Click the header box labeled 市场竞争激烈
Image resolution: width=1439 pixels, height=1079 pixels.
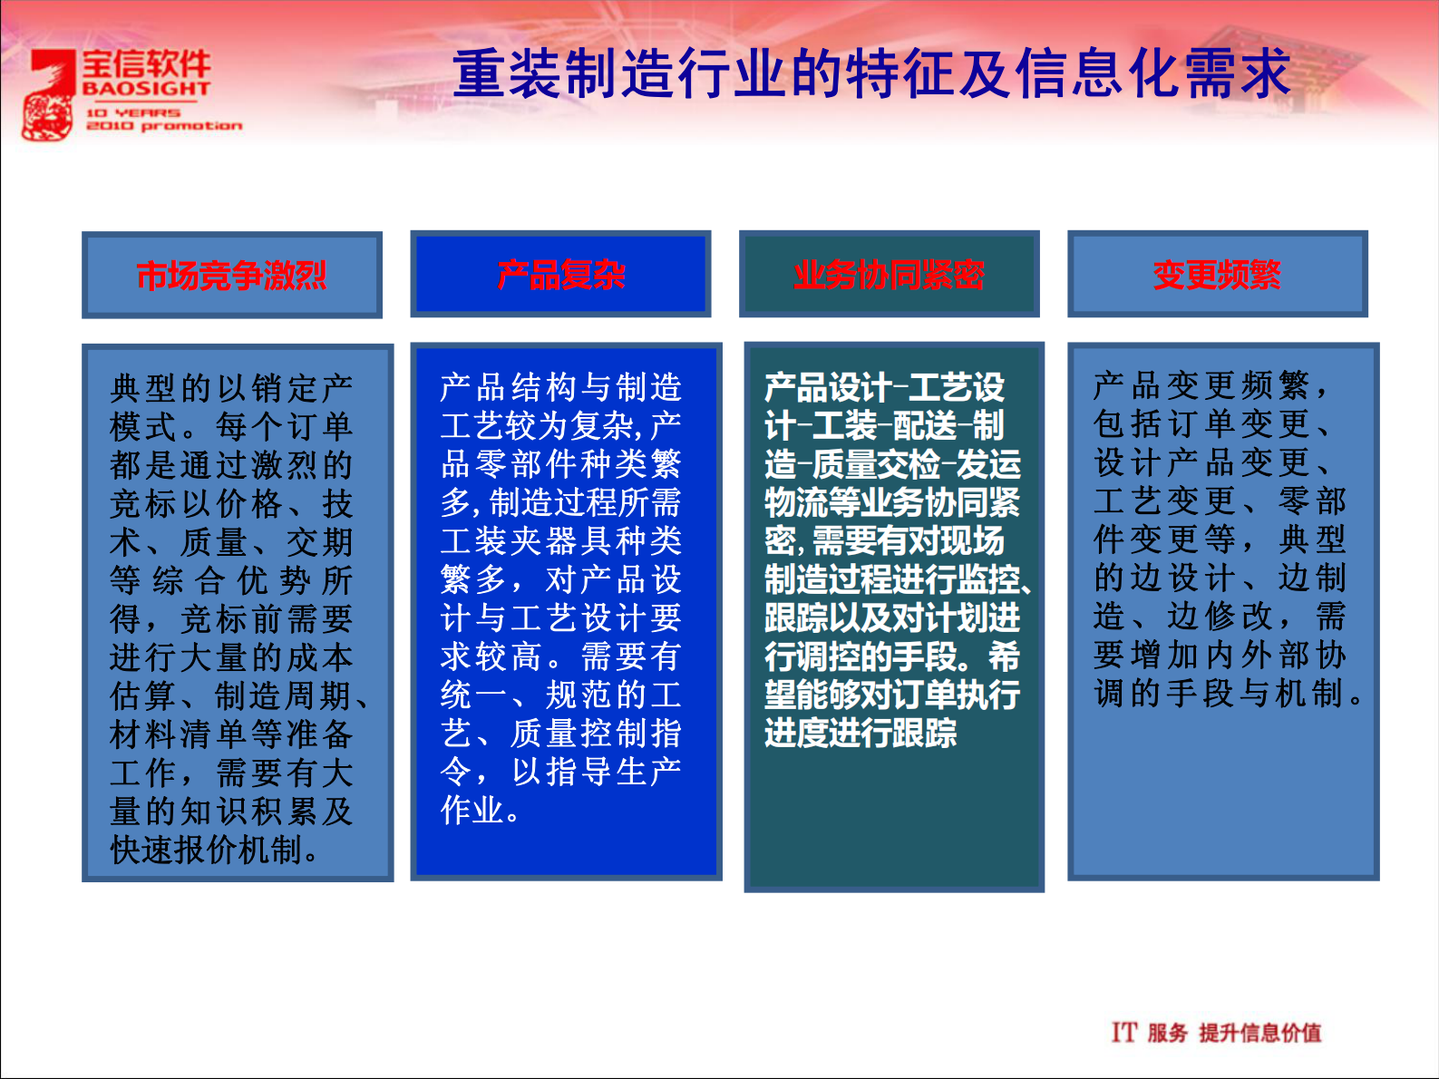(231, 275)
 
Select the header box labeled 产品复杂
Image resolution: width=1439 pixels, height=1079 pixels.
(560, 275)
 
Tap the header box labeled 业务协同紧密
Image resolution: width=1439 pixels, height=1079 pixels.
(889, 275)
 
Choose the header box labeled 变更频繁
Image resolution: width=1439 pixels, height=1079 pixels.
(1217, 275)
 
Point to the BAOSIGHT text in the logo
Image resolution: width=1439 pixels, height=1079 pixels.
(146, 89)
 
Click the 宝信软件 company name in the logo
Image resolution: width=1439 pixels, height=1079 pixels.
(146, 63)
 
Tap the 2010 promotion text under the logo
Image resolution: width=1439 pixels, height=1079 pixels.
(163, 126)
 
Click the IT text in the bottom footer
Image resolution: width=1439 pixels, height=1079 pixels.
(1123, 1032)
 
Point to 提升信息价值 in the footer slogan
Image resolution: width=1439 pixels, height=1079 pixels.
(1259, 1033)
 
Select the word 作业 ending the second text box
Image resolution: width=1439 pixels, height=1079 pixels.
(472, 810)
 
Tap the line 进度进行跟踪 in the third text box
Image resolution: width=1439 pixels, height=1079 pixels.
(860, 733)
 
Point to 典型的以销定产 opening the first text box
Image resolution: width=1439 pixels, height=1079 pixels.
(231, 388)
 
